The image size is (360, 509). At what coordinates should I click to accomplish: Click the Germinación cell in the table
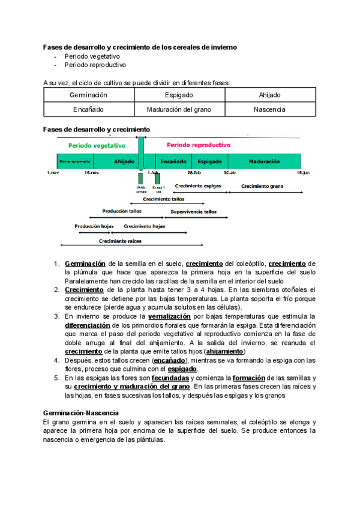coord(88,95)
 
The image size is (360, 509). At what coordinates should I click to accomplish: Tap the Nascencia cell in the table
coord(269,110)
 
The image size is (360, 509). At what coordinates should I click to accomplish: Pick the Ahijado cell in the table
coord(269,95)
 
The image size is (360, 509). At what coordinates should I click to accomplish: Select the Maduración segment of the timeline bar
coord(264,162)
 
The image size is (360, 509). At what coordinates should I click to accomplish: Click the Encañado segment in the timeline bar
coord(173,162)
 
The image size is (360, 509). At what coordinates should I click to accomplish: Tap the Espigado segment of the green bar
coord(210,162)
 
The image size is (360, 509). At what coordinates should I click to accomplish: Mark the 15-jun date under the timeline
coord(302,173)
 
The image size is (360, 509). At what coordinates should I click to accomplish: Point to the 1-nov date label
coord(53,173)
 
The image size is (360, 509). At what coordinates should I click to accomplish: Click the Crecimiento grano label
coord(262,187)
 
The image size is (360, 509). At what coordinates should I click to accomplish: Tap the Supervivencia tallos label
coord(194,212)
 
